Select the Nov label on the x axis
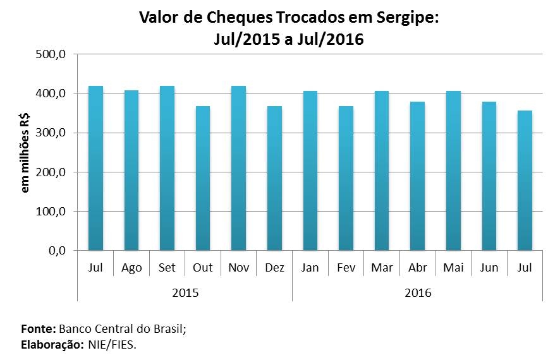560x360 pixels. click(x=238, y=268)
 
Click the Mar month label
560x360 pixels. click(x=381, y=268)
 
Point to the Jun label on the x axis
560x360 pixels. click(x=489, y=268)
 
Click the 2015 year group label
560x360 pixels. click(x=185, y=293)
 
